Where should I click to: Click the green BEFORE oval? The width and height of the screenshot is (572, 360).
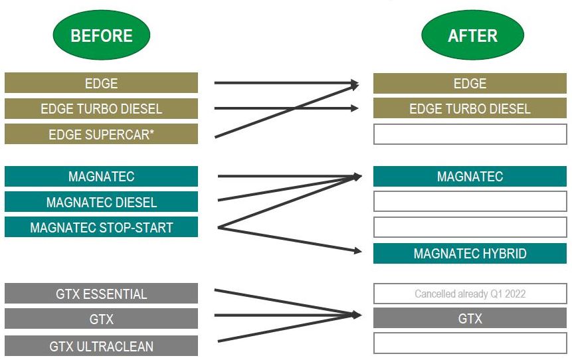[x=101, y=35]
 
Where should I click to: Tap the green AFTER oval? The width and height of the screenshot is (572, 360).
[x=472, y=35]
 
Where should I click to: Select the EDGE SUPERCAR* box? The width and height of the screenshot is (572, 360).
[x=101, y=134]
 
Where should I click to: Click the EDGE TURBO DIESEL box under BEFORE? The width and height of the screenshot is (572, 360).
[x=101, y=109]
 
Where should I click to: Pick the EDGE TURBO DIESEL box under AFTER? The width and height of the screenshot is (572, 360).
[x=470, y=109]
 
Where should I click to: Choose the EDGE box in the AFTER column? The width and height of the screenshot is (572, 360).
[x=470, y=84]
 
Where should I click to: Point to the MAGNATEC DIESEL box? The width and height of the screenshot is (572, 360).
[x=101, y=202]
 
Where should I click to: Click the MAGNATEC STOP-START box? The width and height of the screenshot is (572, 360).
[x=101, y=228]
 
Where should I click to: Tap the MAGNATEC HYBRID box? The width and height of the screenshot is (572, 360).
[x=470, y=254]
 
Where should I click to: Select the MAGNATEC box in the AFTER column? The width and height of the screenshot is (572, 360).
[x=470, y=177]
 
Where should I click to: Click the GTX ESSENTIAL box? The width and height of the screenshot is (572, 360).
[x=101, y=294]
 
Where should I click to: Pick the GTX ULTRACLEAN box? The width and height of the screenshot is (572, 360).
[x=101, y=346]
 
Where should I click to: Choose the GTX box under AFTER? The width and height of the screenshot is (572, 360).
[x=470, y=319]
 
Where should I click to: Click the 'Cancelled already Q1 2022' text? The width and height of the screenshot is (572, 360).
[x=470, y=294]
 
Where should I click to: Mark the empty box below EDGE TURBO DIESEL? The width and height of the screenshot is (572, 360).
[x=470, y=134]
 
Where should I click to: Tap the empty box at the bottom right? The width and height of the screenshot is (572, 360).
[x=470, y=343]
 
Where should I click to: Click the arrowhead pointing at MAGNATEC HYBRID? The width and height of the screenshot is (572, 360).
[x=357, y=251]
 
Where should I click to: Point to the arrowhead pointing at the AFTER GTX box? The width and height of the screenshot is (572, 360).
[x=357, y=315]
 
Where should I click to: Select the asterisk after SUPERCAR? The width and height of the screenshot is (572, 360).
[x=151, y=133]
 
